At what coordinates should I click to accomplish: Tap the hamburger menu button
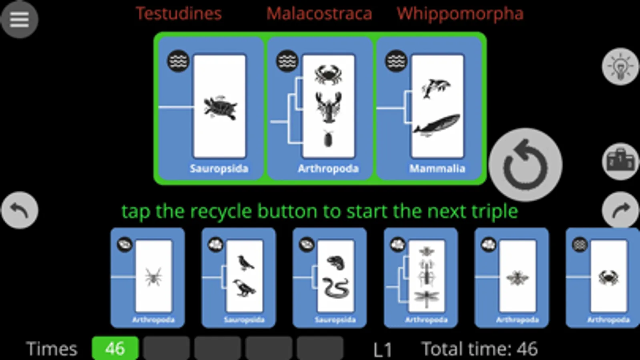[x=19, y=19]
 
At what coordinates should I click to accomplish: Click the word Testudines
[x=179, y=14]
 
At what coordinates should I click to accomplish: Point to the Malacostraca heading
[x=319, y=14]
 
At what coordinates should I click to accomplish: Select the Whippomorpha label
[x=460, y=14]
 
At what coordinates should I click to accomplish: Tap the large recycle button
[x=525, y=164]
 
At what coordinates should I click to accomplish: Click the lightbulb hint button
[x=620, y=66]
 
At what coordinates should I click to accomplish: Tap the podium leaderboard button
[x=620, y=161]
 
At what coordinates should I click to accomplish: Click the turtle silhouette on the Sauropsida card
[x=220, y=107]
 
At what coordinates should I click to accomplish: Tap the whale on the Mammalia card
[x=437, y=125]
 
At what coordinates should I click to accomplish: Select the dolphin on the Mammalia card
[x=435, y=88]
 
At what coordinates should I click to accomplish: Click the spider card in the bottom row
[x=147, y=278]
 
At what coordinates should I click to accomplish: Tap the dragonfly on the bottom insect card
[x=426, y=298]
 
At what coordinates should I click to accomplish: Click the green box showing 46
[x=115, y=348]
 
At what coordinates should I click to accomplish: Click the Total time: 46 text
[x=479, y=349]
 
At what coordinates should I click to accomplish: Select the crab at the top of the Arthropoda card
[x=328, y=74]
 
